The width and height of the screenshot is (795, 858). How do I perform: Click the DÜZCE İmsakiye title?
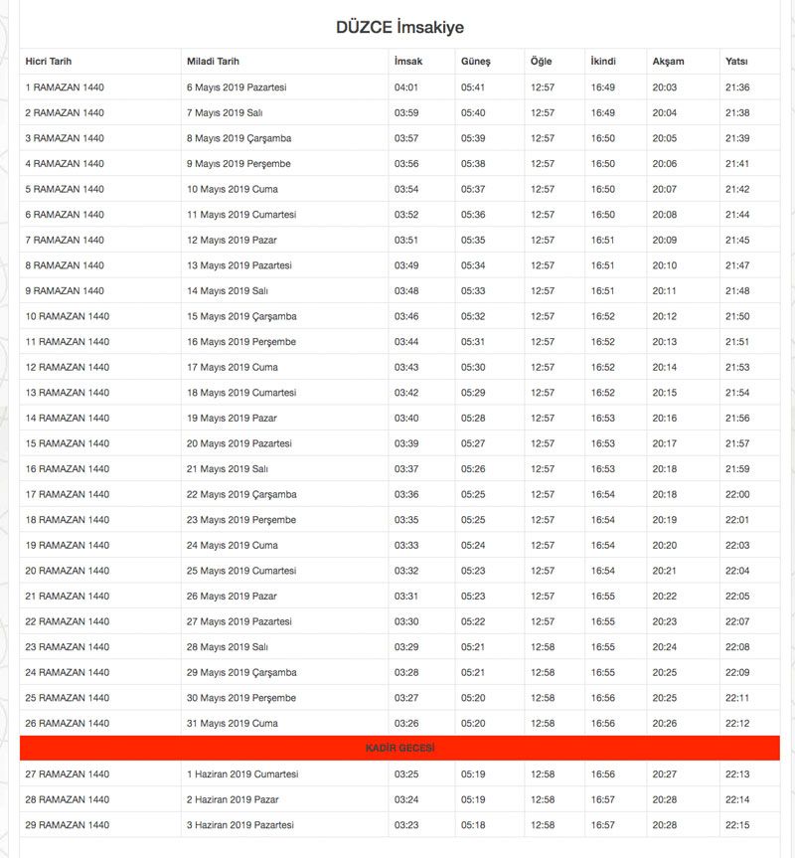(399, 27)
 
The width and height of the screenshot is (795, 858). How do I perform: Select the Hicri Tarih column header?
(49, 62)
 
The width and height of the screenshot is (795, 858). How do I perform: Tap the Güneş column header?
(475, 62)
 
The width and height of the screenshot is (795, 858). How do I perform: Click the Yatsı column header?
(736, 62)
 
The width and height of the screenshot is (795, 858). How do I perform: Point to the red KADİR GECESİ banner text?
(399, 748)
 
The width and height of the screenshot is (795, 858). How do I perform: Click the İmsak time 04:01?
(406, 87)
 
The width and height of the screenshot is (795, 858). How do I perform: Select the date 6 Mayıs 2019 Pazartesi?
(237, 87)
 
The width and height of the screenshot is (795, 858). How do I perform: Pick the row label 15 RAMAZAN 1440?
(68, 443)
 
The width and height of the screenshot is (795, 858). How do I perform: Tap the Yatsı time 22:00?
(737, 494)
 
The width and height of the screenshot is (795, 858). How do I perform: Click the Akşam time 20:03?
(665, 87)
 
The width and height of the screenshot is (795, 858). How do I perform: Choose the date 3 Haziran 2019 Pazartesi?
(241, 824)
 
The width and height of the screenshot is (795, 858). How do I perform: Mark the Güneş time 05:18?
(473, 824)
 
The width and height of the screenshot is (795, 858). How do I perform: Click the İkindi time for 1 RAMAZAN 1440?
(603, 87)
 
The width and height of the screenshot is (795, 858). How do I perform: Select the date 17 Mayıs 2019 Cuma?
(233, 367)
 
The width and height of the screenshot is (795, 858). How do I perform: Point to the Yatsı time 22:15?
(737, 824)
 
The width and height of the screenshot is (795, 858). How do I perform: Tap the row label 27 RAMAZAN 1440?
(68, 773)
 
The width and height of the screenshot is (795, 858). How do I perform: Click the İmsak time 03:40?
(406, 418)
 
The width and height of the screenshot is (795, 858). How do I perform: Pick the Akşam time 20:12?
(665, 316)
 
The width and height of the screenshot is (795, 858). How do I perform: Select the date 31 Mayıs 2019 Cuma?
(233, 723)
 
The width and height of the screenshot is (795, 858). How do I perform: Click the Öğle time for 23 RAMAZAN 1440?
(543, 646)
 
